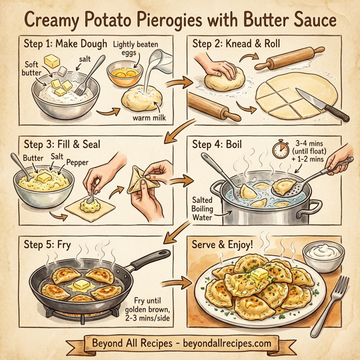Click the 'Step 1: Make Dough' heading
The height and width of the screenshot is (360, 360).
point(65,44)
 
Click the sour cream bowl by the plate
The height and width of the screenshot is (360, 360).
point(323,256)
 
